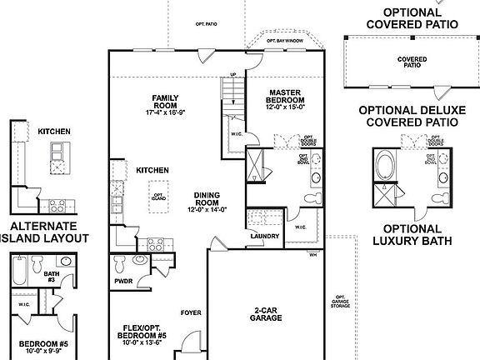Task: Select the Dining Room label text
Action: click(x=207, y=201)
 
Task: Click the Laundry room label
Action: click(x=263, y=236)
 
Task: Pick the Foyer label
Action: click(x=190, y=314)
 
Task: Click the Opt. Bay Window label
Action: click(x=284, y=40)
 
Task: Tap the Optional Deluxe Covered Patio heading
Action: click(x=407, y=116)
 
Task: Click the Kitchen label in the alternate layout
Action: click(x=52, y=131)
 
